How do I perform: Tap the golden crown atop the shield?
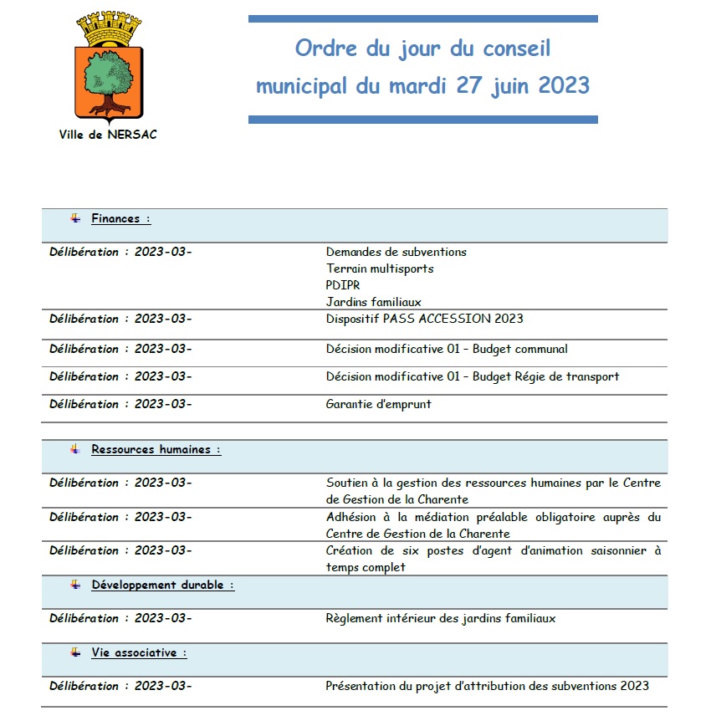pyautogui.click(x=106, y=30)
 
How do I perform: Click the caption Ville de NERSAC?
pyautogui.click(x=108, y=134)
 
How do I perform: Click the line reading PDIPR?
pyautogui.click(x=343, y=285)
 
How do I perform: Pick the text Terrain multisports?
pyautogui.click(x=380, y=268)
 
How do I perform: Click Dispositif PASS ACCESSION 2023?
pyautogui.click(x=424, y=319)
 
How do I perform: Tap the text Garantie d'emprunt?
pyautogui.click(x=378, y=404)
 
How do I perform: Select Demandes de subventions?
pyautogui.click(x=396, y=252)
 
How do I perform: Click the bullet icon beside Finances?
pyautogui.click(x=75, y=218)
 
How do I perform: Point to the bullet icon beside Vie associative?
pyautogui.click(x=75, y=652)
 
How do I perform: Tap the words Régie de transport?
pyautogui.click(x=577, y=376)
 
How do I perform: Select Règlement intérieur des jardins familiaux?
pyautogui.click(x=440, y=619)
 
